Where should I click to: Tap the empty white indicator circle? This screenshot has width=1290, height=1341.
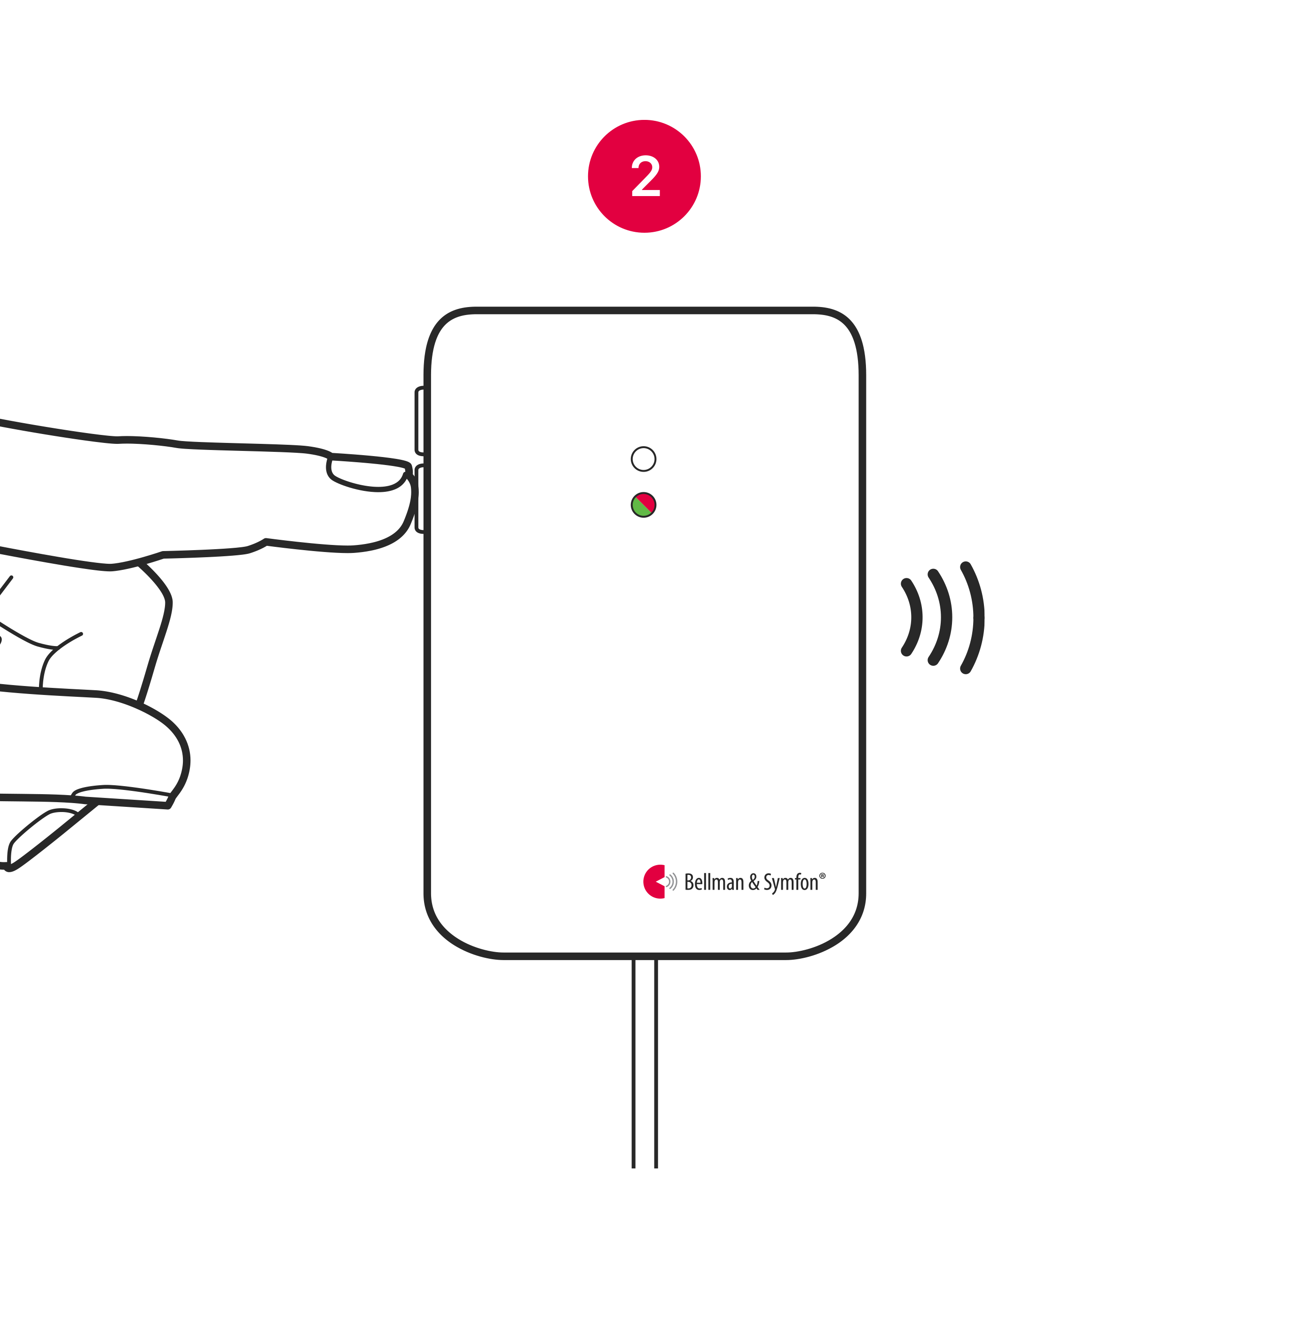tap(643, 459)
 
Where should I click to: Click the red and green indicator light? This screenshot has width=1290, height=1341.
tap(643, 505)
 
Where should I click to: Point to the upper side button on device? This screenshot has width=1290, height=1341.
tap(419, 421)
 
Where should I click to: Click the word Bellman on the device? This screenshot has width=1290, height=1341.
tap(713, 883)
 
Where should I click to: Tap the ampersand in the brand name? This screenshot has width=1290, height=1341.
tap(754, 883)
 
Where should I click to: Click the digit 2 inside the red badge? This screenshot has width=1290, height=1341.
tap(645, 176)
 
